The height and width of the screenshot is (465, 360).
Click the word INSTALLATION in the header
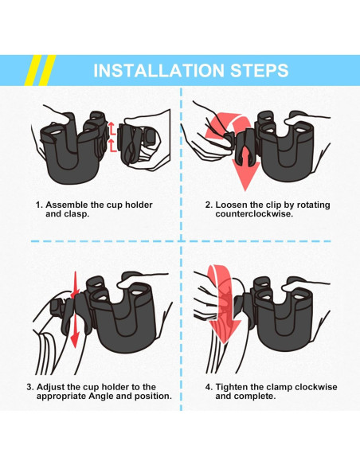click(159, 70)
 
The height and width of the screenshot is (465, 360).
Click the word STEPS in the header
click(260, 70)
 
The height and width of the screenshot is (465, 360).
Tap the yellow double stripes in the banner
click(40, 70)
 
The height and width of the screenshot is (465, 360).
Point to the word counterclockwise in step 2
click(254, 214)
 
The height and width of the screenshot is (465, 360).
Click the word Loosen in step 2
click(232, 205)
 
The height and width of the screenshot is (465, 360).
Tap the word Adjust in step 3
click(51, 387)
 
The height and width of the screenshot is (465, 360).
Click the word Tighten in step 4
click(232, 387)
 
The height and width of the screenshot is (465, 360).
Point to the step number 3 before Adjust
click(30, 387)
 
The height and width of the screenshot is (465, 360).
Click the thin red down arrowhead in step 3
click(74, 339)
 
